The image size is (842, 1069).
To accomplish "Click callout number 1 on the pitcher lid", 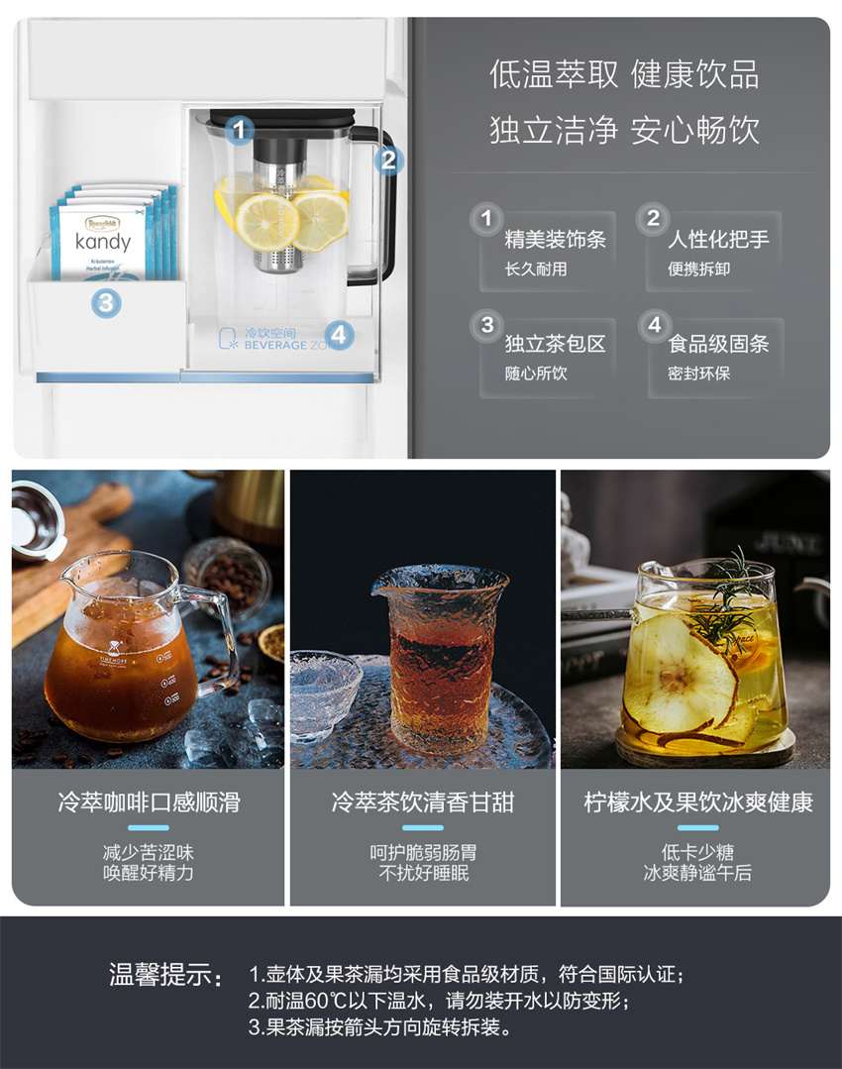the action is coord(239,130).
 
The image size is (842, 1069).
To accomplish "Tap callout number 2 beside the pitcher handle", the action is coord(388,160).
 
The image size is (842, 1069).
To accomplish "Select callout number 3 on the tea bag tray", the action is coord(106,302).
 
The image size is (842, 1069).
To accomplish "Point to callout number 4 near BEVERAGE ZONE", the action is coord(338,335).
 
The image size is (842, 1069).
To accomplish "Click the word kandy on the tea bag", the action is coord(103,242).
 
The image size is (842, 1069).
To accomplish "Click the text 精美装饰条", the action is coord(555,240).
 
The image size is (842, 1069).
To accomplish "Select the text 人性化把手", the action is coord(718,240).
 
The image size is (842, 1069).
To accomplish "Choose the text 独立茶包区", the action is coord(555,344).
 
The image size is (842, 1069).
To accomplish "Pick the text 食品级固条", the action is coord(718,344).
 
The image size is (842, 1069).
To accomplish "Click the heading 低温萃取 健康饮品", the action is coord(624,74).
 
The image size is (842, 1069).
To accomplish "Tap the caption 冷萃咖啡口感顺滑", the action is coord(149,802).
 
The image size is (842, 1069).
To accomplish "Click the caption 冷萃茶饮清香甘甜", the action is coord(423,802).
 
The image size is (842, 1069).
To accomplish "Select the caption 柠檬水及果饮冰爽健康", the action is coord(698,802).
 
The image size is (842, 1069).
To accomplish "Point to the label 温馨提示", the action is coord(165,974).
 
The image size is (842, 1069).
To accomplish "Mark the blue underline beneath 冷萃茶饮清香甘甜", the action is coord(423,828).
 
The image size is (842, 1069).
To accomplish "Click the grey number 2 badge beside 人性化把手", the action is coord(653,219).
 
